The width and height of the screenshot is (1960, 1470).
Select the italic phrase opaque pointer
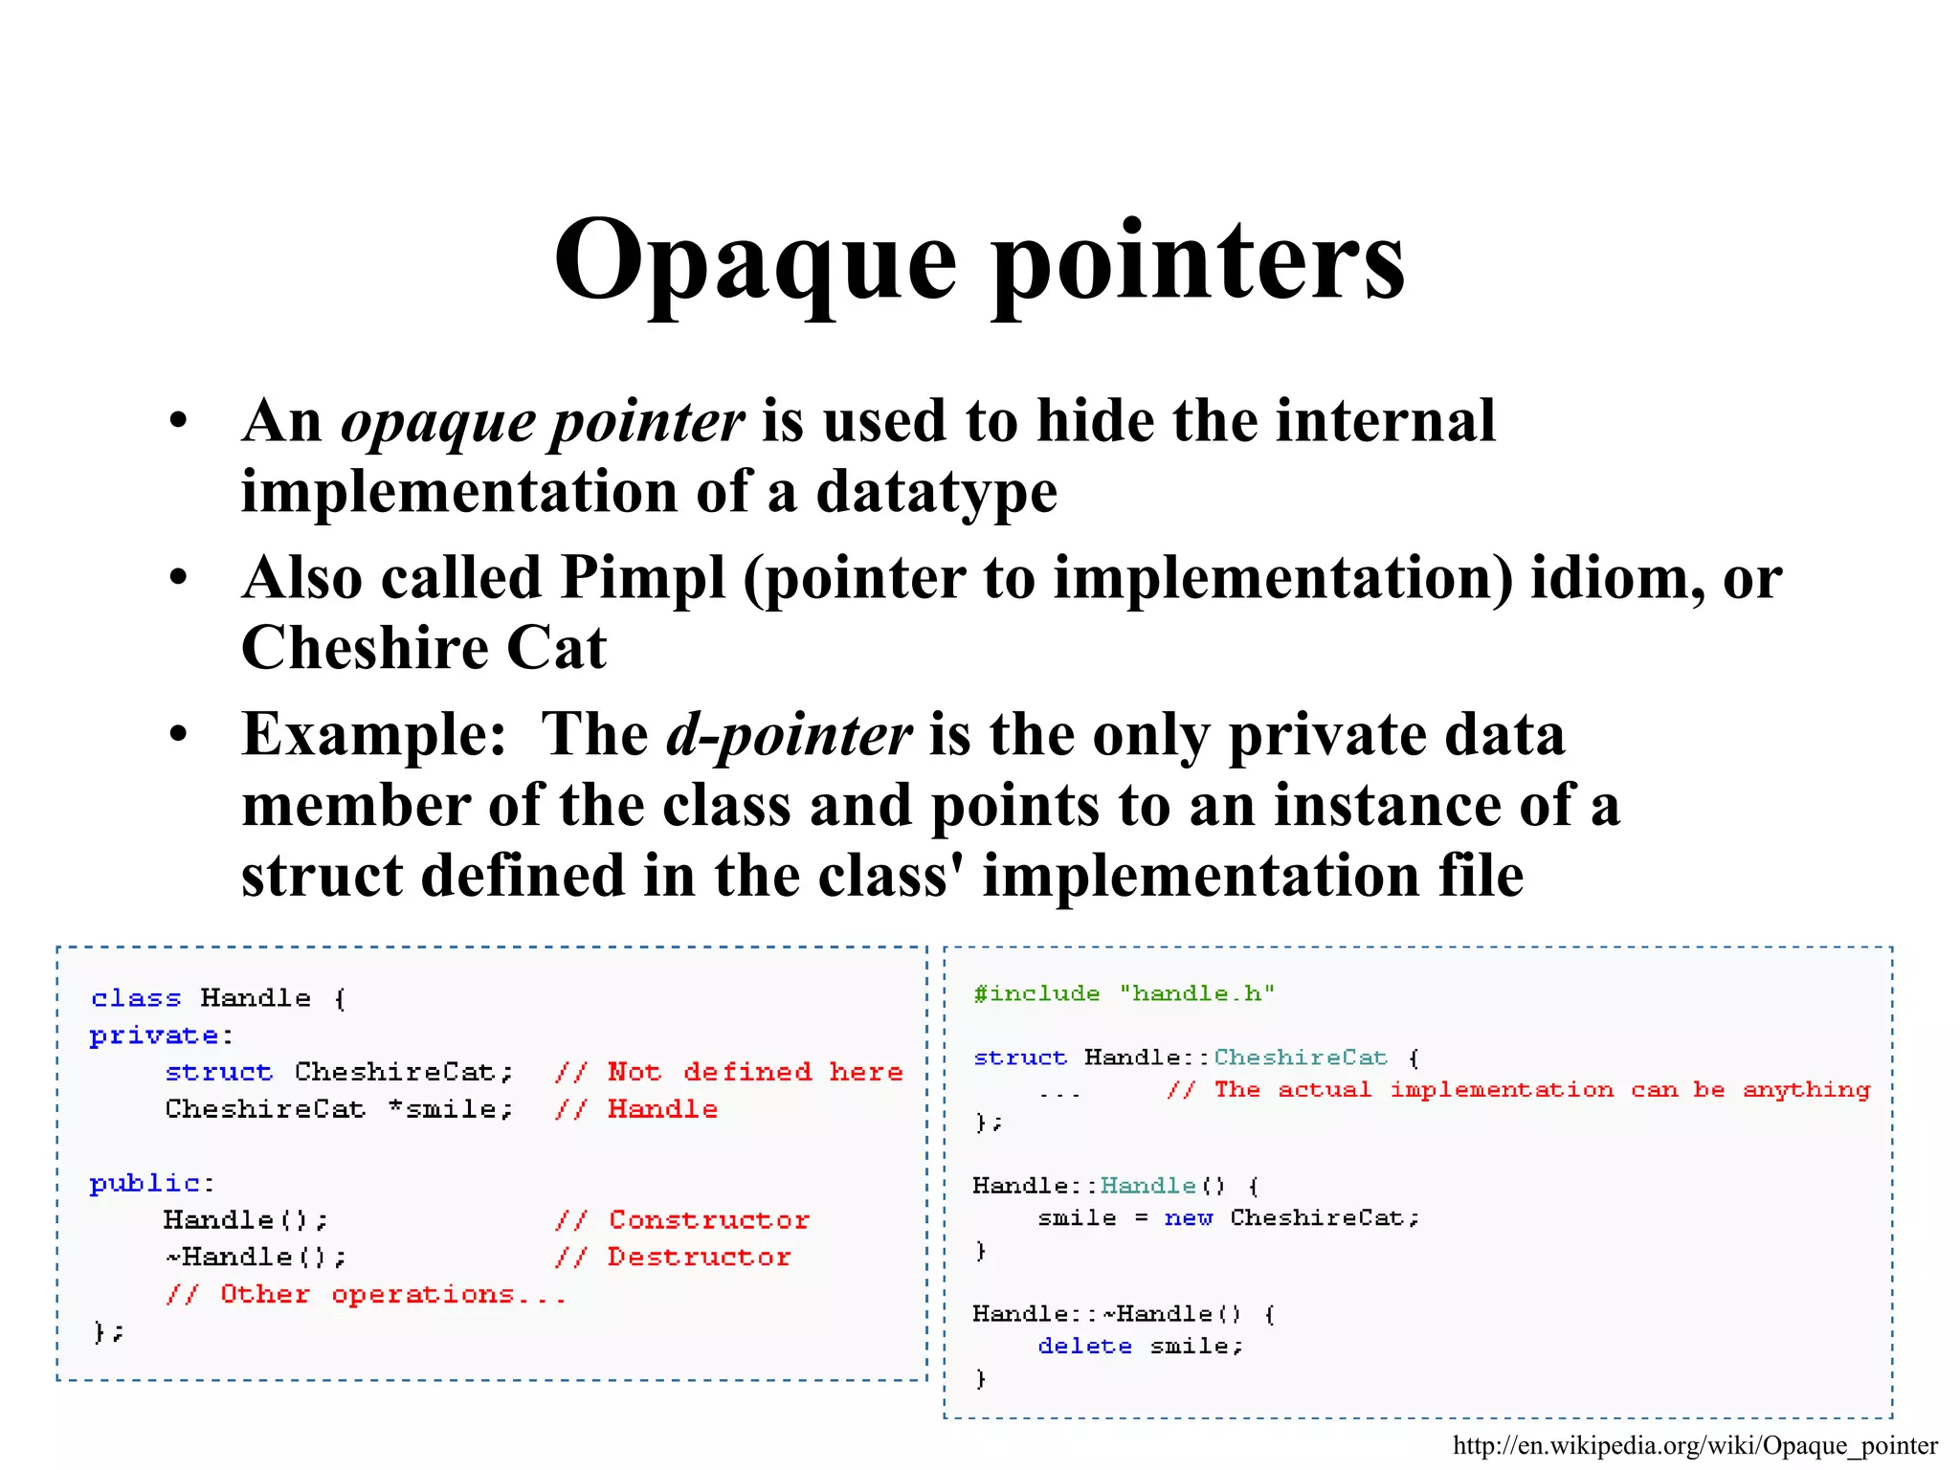[542, 421]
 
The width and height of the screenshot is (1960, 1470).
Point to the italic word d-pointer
[789, 735]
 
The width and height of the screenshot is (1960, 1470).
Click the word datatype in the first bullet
[936, 492]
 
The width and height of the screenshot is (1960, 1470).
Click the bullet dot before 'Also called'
[178, 578]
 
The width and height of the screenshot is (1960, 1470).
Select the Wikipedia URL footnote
[1695, 1445]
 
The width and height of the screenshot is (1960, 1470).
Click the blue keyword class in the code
[136, 998]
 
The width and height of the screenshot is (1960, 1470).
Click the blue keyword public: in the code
[151, 1184]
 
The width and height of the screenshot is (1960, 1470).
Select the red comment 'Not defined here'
[729, 1072]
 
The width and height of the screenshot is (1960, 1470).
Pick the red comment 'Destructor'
[674, 1257]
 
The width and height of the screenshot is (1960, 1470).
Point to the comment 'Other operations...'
[366, 1294]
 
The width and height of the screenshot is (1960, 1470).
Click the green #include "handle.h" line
[1124, 993]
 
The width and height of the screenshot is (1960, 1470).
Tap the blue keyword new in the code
[1188, 1218]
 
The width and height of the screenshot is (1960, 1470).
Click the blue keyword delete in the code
[1084, 1347]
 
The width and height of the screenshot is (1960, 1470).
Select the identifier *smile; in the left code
[451, 1109]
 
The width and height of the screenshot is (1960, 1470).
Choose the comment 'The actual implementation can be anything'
[1518, 1090]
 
